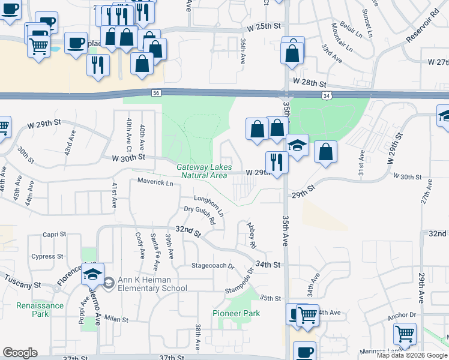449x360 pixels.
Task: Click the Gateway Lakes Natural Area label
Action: tap(202, 171)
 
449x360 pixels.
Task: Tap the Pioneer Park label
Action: tap(237, 313)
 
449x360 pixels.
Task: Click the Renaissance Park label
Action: tap(32, 310)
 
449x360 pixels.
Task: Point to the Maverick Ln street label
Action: tap(155, 182)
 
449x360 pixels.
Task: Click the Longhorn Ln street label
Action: tap(209, 205)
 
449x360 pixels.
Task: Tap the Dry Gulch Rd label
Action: tap(199, 215)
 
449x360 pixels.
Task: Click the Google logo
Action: tap(20, 352)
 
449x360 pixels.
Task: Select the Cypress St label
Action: tap(47, 256)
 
